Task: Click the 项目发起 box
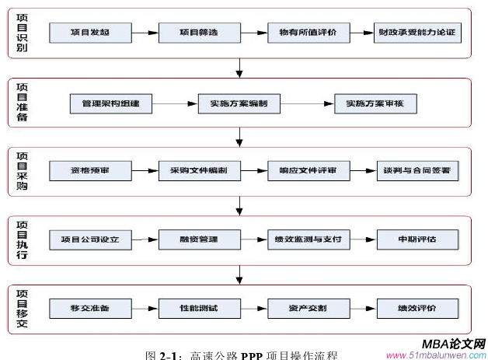[x=90, y=33]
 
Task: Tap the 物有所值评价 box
[x=308, y=33]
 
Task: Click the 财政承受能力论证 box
[x=417, y=33]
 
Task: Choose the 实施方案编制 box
[x=234, y=103]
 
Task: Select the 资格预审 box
[x=90, y=170]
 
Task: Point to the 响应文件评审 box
[x=308, y=170]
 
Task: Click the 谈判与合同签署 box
[x=417, y=170]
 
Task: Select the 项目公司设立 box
[x=90, y=239]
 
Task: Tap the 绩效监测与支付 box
[x=308, y=239]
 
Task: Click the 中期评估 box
[x=417, y=239]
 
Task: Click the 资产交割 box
[x=308, y=307]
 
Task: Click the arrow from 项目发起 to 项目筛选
[x=145, y=33]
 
